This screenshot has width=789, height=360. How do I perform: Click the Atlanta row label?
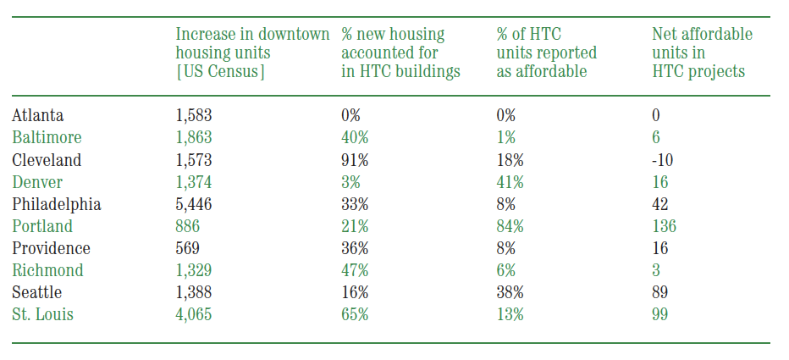[38, 115]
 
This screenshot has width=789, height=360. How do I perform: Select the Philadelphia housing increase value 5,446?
[194, 204]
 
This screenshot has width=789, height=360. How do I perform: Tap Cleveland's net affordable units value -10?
[663, 159]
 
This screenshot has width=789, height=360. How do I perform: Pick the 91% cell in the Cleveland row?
[355, 159]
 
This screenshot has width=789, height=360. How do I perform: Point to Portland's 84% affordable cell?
[510, 226]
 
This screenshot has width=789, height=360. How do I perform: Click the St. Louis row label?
[43, 315]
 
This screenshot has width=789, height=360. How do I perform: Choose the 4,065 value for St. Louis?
[194, 315]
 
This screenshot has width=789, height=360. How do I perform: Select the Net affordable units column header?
[703, 53]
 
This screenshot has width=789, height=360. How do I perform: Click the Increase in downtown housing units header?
[252, 53]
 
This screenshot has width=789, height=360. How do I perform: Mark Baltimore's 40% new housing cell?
[355, 137]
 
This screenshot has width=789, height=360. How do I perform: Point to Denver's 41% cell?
[510, 182]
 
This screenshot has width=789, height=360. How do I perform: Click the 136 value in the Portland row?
[665, 226]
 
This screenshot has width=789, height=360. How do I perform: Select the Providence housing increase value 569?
[188, 248]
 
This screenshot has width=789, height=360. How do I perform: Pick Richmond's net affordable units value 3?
[656, 270]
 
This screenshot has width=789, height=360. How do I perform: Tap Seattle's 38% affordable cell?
[510, 292]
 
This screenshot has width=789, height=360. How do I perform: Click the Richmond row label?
[47, 270]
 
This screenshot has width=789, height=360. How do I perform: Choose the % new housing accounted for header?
[401, 53]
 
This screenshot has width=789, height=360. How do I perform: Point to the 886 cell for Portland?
[188, 226]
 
